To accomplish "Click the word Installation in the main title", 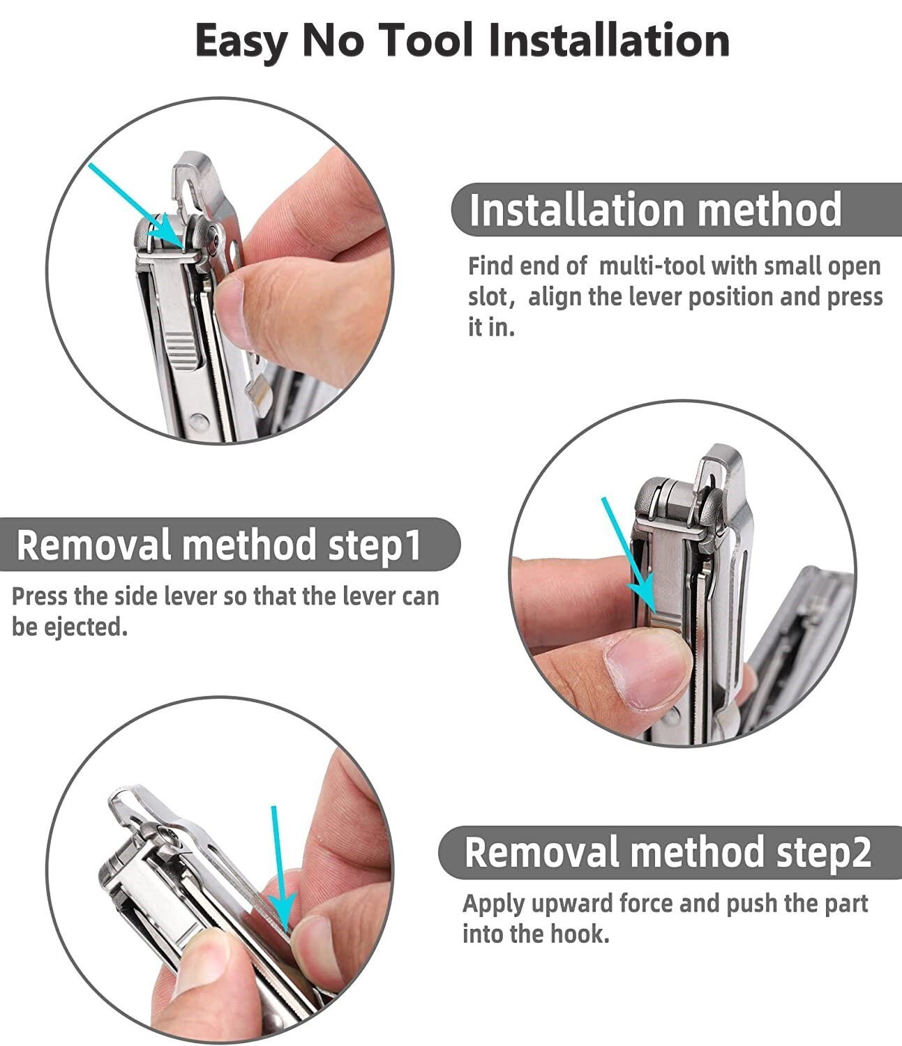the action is (x=609, y=40).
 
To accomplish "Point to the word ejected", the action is (x=86, y=627).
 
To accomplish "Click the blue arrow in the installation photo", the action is (x=135, y=206).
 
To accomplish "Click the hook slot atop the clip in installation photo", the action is (x=189, y=192).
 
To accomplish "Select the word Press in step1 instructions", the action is (x=40, y=596).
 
